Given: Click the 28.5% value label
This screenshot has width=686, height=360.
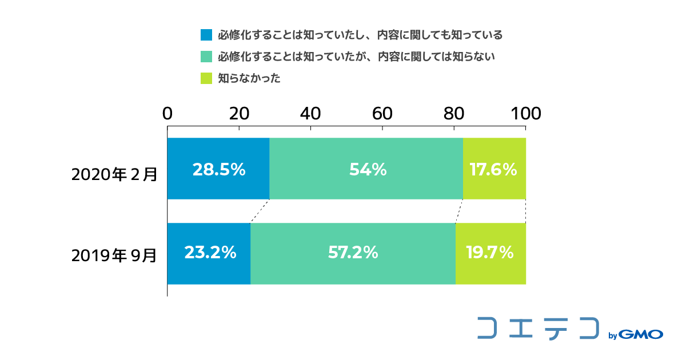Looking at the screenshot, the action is click(219, 169).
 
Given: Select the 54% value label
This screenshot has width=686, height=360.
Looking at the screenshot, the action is click(368, 169).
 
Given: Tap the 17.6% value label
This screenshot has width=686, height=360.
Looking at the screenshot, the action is click(493, 169).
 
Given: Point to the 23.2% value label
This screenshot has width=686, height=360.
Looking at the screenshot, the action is click(210, 253).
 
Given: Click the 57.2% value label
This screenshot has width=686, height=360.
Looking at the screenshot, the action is click(353, 253).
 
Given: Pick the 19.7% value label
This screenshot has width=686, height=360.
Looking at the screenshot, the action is click(490, 253).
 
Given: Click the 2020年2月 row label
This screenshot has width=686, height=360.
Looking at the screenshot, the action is click(114, 174).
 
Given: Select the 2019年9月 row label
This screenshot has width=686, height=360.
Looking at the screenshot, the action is click(114, 255).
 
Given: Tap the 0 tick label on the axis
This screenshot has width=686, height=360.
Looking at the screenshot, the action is click(167, 114).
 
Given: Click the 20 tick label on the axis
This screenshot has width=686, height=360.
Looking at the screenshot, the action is click(239, 114).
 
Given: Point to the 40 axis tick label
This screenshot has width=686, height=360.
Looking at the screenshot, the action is click(310, 114).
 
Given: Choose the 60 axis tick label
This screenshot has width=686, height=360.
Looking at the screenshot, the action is click(382, 114).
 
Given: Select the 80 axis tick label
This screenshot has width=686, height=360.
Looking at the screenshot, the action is click(454, 114).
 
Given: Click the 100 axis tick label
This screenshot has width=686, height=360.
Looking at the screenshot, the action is click(526, 114).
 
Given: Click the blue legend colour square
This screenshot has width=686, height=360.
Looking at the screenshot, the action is click(206, 35).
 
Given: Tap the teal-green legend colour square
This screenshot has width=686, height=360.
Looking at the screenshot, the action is click(206, 57).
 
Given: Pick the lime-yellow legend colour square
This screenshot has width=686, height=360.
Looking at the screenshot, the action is click(206, 78).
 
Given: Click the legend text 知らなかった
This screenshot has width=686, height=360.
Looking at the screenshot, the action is click(249, 78).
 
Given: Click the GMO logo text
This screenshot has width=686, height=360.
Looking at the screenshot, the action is click(641, 334).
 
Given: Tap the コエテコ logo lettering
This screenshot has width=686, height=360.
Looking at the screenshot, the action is click(538, 328).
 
